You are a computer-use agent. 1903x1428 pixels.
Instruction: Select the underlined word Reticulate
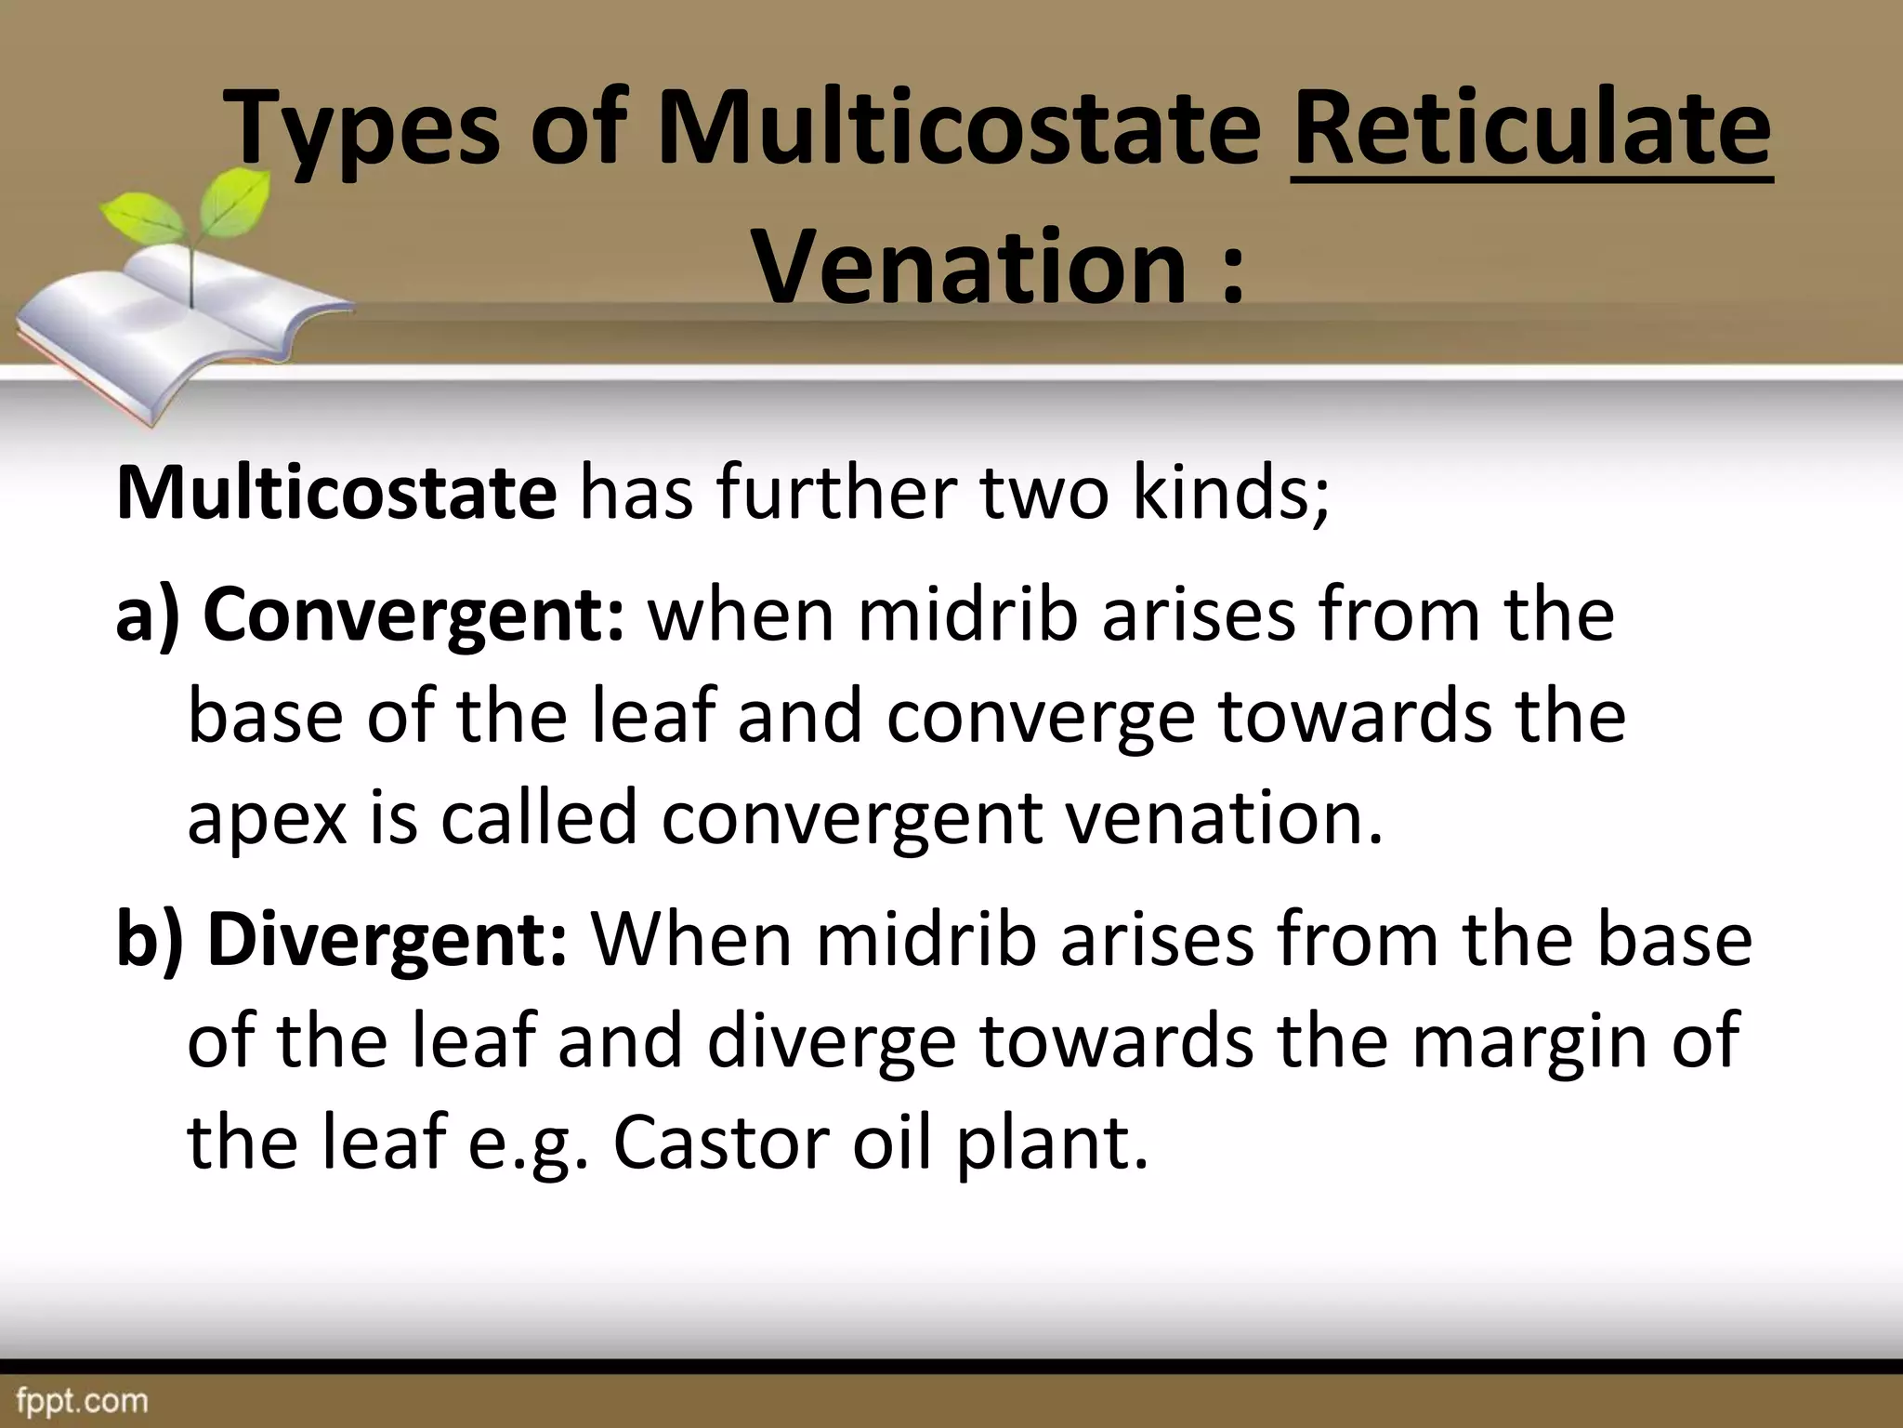coord(1531,129)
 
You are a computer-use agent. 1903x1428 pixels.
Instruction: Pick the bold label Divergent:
coord(387,940)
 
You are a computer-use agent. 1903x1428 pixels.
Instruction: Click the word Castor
coord(721,1143)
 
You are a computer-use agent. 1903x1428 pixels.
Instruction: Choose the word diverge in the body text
coord(832,1041)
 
